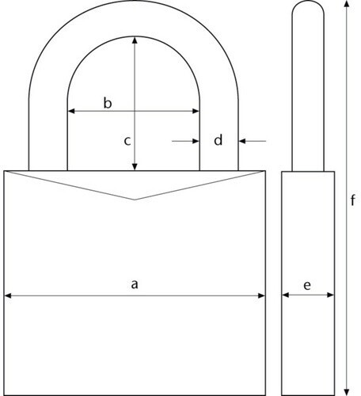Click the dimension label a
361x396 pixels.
pos(135,284)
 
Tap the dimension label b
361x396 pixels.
pos(108,103)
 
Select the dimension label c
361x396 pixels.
pos(127,141)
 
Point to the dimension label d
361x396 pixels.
pos(218,139)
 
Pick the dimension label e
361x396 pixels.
pos(307,285)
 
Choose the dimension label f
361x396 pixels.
pos(352,200)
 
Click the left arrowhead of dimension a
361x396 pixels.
pos(8,295)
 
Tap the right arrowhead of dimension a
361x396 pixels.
pos(261,295)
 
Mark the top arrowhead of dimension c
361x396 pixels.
pos(135,40)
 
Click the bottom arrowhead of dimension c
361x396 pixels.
pos(135,167)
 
